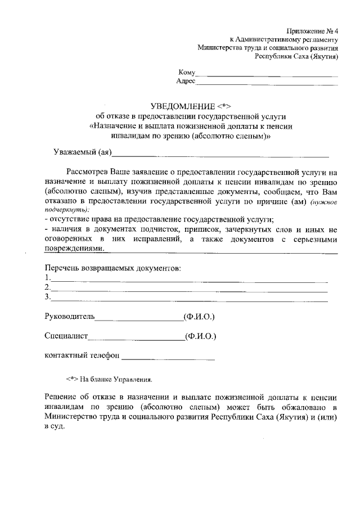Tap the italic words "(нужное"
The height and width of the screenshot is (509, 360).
[x=324, y=202]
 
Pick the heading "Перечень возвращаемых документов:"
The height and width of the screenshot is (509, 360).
[x=112, y=268]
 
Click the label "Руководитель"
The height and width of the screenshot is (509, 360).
[x=69, y=317]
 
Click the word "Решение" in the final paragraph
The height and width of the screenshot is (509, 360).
[x=61, y=397]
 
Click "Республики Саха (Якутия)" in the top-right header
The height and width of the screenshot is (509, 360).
[x=296, y=56]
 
